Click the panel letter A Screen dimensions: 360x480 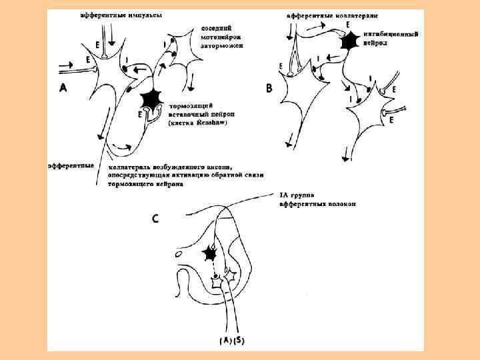pyautogui.click(x=63, y=87)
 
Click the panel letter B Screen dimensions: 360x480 pyautogui.click(x=269, y=87)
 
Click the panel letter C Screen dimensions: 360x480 pyautogui.click(x=155, y=218)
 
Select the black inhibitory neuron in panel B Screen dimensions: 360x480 pyautogui.click(x=348, y=42)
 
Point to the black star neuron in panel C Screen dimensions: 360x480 pyautogui.click(x=211, y=253)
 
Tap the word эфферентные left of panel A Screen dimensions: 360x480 pyautogui.click(x=70, y=164)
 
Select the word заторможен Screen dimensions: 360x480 pyautogui.click(x=222, y=47)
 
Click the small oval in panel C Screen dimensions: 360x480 pyautogui.click(x=179, y=254)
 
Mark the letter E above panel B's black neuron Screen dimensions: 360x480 pyautogui.click(x=347, y=24)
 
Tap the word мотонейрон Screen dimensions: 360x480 pyautogui.click(x=221, y=38)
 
